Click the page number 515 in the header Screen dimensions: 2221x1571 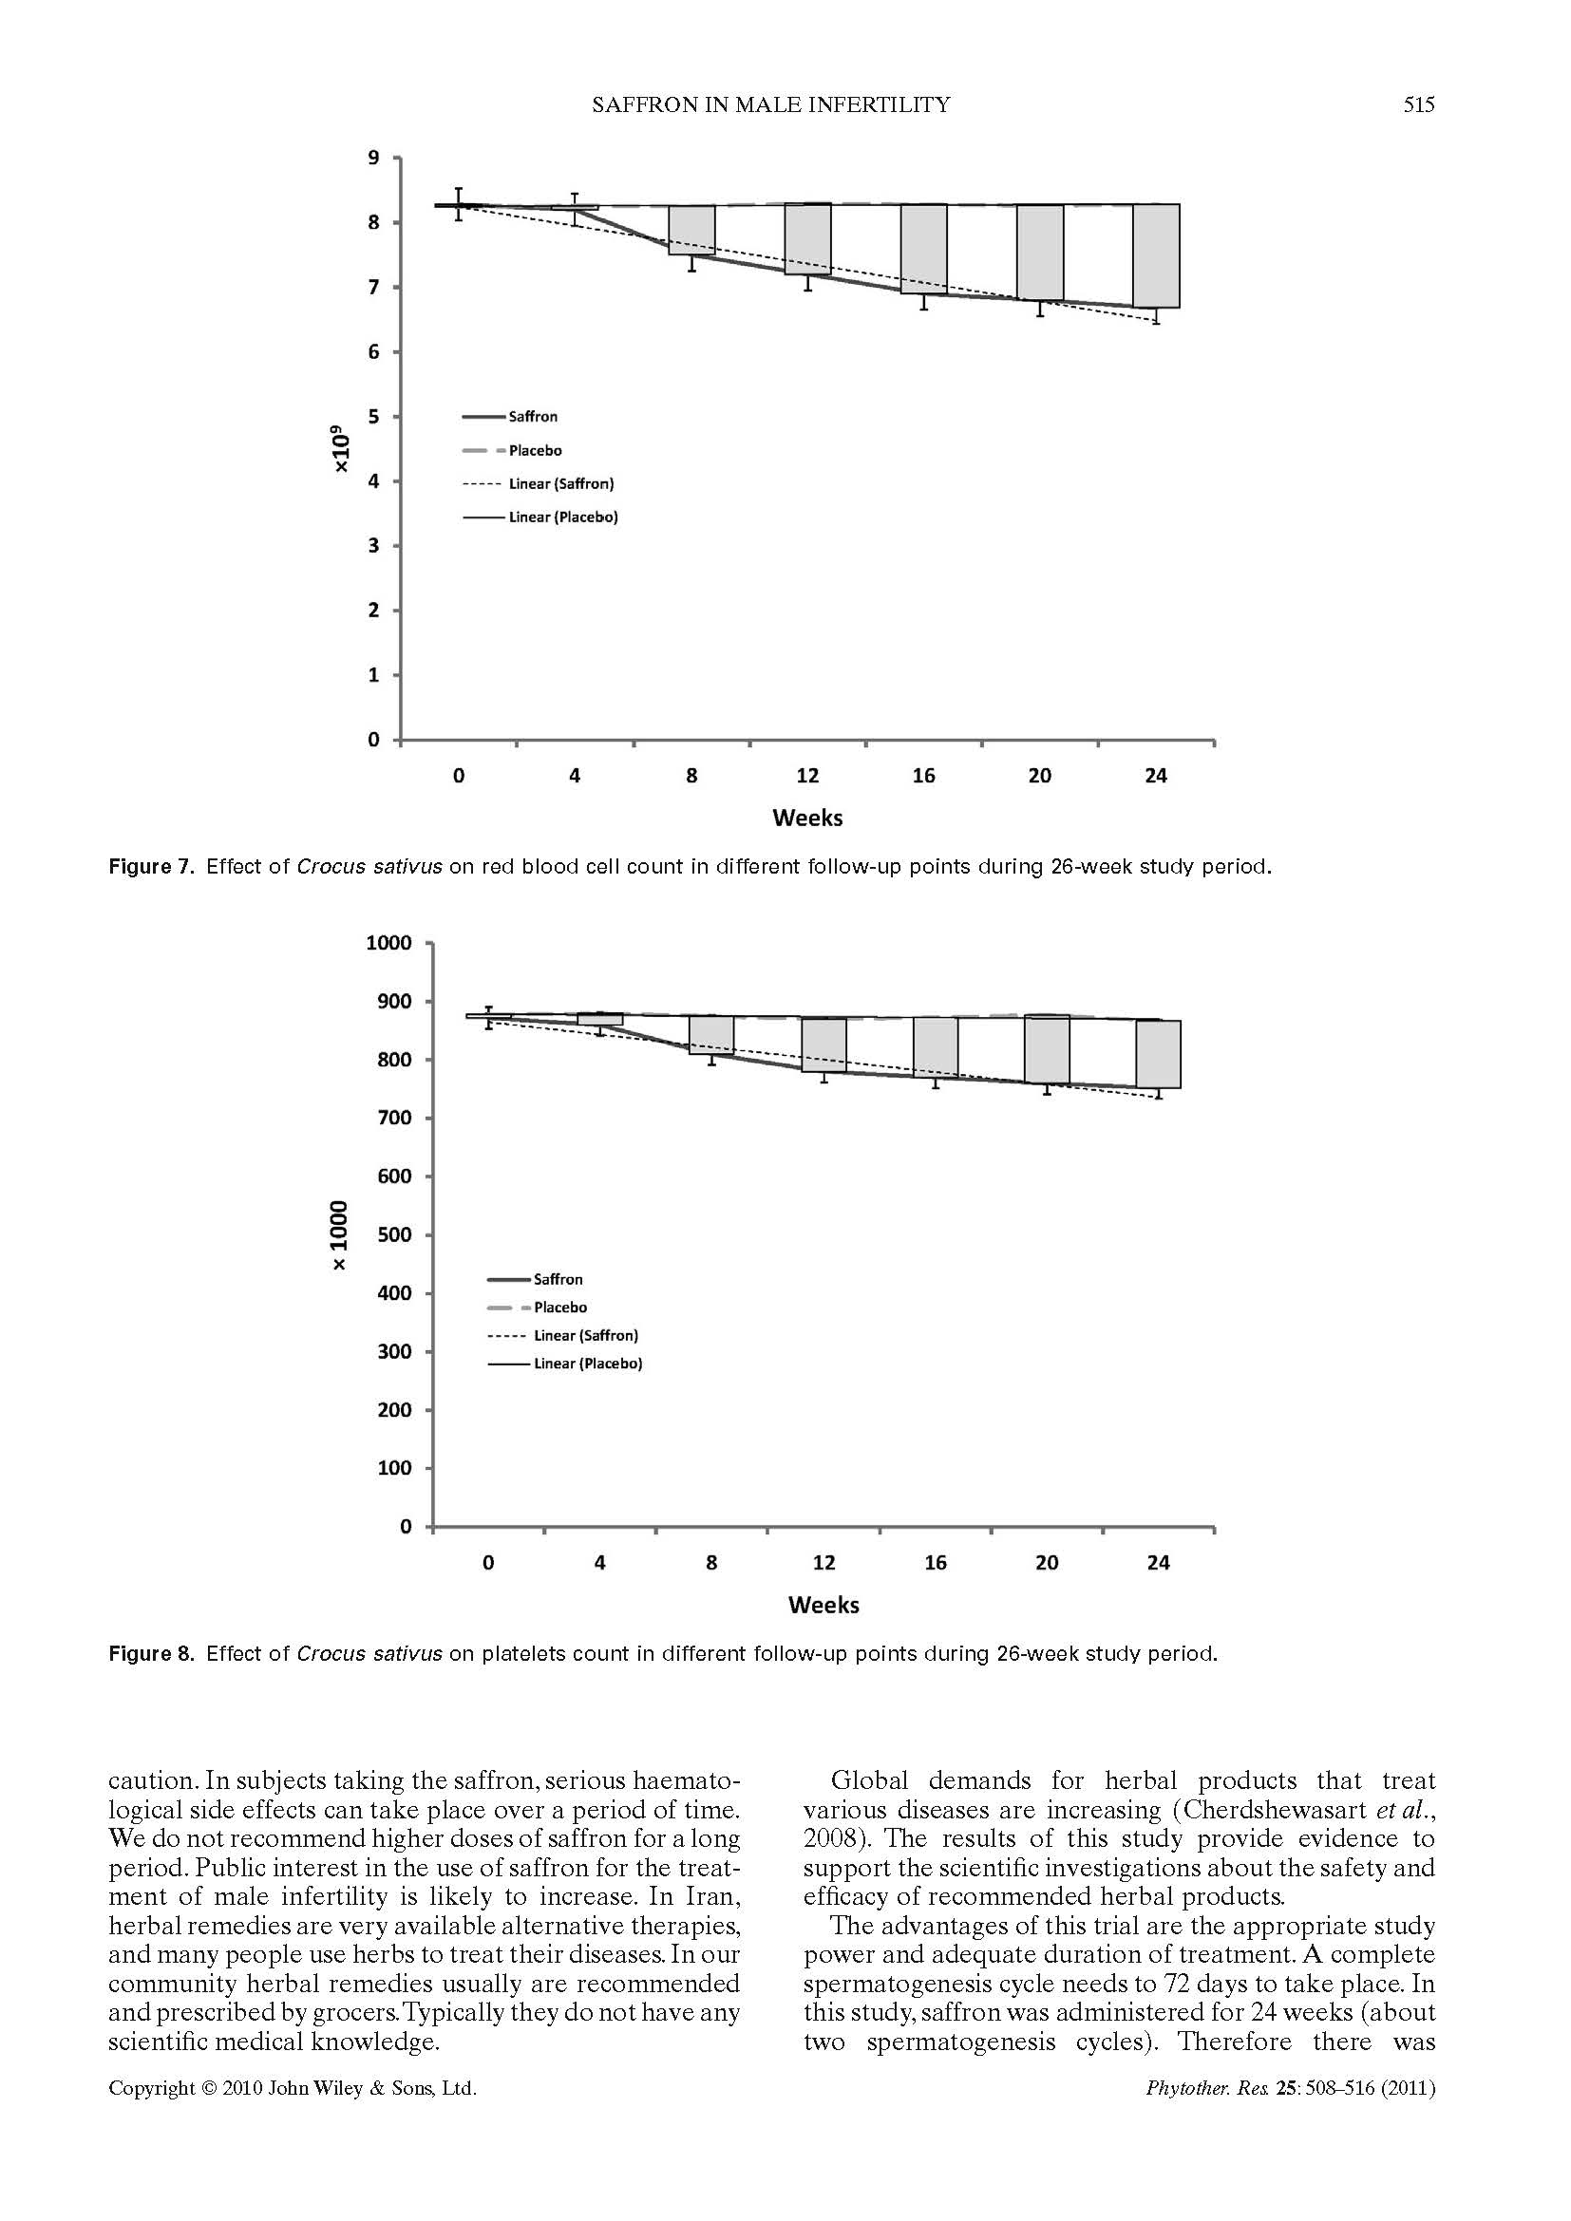[1418, 104]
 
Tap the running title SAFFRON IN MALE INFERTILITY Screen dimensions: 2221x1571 [771, 104]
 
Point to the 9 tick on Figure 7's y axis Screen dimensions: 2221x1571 [373, 158]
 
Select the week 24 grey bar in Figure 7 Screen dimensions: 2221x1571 [1156, 255]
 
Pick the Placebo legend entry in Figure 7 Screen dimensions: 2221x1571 [535, 451]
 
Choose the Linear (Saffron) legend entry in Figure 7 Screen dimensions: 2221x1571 [561, 483]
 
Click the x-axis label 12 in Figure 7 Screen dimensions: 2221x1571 [807, 776]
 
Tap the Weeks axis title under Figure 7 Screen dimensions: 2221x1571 [807, 819]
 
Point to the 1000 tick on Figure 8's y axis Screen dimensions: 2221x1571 [388, 943]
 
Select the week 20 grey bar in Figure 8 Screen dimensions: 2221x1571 [1047, 1049]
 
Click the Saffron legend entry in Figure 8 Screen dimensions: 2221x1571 [558, 1280]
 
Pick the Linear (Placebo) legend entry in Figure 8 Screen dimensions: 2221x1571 [587, 1364]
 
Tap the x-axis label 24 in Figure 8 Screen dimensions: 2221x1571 [1158, 1563]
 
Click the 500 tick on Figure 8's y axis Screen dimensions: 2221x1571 [395, 1235]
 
